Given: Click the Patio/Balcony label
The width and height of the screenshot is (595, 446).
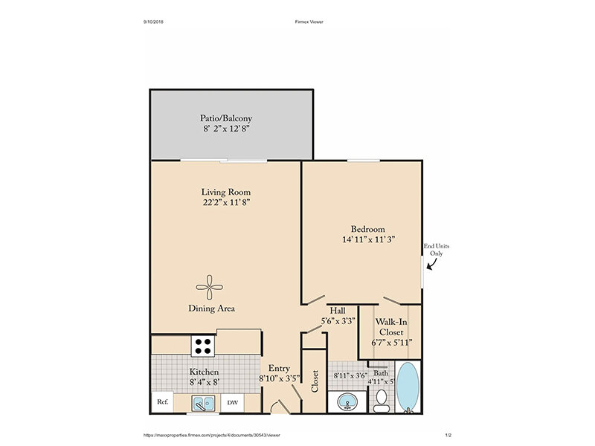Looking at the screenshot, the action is pos(226,118).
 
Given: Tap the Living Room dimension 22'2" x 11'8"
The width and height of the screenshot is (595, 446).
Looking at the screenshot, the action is pos(226,202).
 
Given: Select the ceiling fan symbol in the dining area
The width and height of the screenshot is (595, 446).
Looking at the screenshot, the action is pos(210,287).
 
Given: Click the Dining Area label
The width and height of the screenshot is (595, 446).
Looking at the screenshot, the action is pos(212,308).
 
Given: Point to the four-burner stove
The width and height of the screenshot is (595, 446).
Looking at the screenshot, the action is pos(203,346).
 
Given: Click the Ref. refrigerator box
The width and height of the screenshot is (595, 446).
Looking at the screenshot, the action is pos(163,402).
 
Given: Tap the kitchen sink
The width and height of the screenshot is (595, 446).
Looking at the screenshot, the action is pos(203,403).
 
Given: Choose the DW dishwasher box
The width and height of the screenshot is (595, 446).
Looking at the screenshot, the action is pos(232,402).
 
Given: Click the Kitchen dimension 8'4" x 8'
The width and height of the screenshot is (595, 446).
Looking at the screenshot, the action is pos(205,382).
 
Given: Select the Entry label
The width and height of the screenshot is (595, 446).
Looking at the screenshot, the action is pos(279,368).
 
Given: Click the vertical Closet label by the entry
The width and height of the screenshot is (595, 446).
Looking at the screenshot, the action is pos(314,381).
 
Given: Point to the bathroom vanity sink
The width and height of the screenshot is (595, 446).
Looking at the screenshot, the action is pos(347,401).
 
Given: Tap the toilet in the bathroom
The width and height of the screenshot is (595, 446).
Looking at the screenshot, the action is pos(381,401).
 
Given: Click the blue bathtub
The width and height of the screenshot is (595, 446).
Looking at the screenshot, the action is pos(408,387).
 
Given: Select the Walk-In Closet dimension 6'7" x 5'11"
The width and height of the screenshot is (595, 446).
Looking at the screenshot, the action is pos(391,343).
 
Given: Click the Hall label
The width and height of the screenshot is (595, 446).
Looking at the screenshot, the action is pos(338,311).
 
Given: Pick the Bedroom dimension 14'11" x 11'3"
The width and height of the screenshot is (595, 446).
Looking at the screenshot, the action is pos(368,239).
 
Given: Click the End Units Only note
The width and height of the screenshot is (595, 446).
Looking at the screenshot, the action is pos(437,250).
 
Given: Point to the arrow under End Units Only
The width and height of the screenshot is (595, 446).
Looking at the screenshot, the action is pos(432,265).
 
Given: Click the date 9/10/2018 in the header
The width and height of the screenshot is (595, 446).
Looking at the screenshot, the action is pos(153,22).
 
